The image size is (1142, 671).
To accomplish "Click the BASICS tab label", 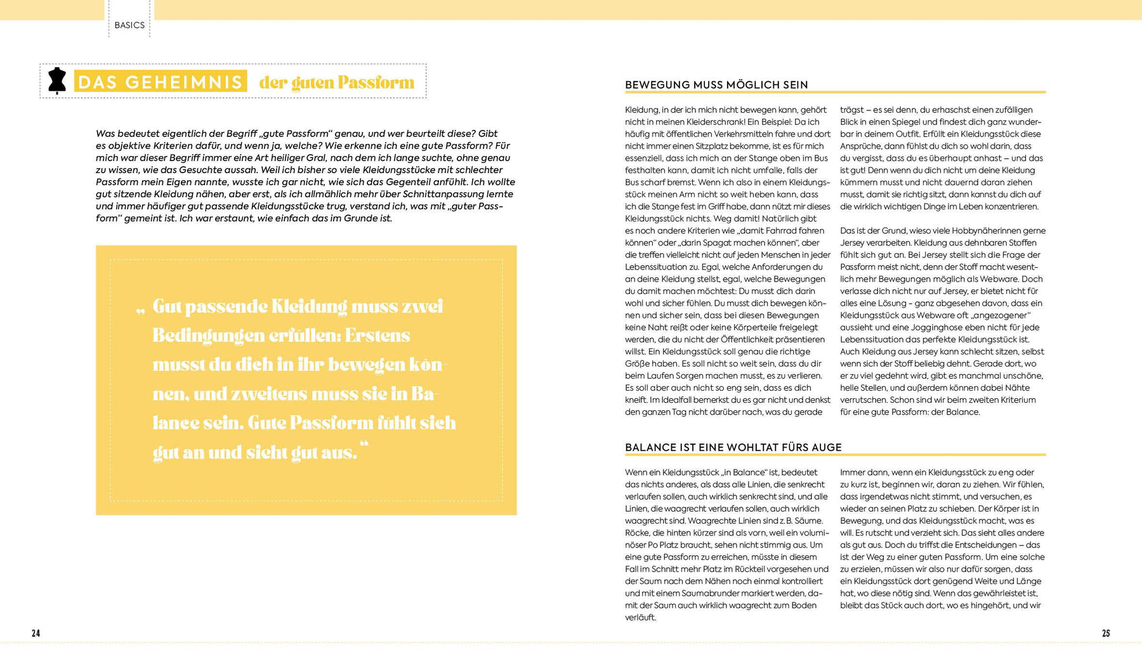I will pyautogui.click(x=129, y=25).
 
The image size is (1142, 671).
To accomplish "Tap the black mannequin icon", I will pyautogui.click(x=57, y=81).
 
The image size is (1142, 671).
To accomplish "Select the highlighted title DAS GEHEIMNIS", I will pyautogui.click(x=160, y=82).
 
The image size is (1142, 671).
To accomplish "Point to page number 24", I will pyautogui.click(x=36, y=633).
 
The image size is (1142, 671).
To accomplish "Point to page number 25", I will pyautogui.click(x=1106, y=633).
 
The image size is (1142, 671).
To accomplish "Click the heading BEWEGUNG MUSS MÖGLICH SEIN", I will pyautogui.click(x=716, y=85).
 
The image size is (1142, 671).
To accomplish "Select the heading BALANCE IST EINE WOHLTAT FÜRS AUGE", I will pyautogui.click(x=733, y=447).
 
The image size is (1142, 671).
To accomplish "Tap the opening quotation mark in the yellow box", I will pyautogui.click(x=140, y=310).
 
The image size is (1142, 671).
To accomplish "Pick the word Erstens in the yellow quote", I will pyautogui.click(x=377, y=335).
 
